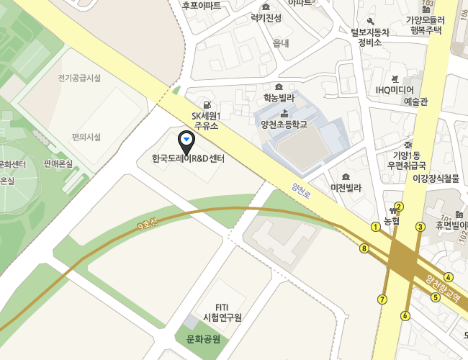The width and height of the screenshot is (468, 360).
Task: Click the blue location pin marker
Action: pyautogui.click(x=187, y=138)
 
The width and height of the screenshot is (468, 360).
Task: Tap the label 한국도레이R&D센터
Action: pyautogui.click(x=189, y=158)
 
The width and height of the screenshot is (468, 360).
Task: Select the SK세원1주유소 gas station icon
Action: pyautogui.click(x=207, y=104)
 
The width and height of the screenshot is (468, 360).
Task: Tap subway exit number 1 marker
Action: pyautogui.click(x=375, y=227)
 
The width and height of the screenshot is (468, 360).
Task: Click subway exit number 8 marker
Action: pyautogui.click(x=364, y=248)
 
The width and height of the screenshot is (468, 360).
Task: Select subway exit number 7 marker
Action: pyautogui.click(x=382, y=299)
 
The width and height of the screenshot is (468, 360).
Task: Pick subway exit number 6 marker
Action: pyautogui.click(x=405, y=315)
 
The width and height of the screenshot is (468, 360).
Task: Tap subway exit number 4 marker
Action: pyautogui.click(x=449, y=277)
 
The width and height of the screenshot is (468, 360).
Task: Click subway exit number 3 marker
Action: pyautogui.click(x=420, y=227)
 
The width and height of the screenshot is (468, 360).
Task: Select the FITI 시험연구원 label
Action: pyautogui.click(x=222, y=312)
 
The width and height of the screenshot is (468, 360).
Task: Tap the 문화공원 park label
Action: pyautogui.click(x=202, y=339)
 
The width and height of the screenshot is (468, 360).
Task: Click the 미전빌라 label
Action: pyautogui.click(x=346, y=188)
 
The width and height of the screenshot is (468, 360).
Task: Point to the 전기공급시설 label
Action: pyautogui.click(x=79, y=78)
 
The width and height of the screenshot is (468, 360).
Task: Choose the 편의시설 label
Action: pyautogui.click(x=86, y=137)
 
